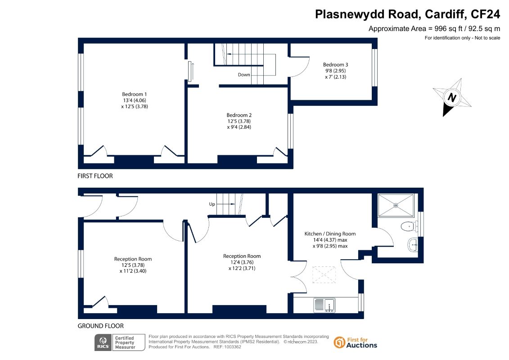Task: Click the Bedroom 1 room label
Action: tap(135, 94)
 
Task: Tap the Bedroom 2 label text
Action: tap(239, 115)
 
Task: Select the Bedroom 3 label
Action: tap(335, 65)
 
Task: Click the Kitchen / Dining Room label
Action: tap(330, 234)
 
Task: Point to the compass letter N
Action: tap(452, 97)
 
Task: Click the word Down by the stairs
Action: tap(244, 75)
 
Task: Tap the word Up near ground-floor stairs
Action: tap(212, 204)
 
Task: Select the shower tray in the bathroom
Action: tap(396, 205)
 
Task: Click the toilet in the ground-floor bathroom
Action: tap(410, 226)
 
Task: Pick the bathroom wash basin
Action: tap(412, 244)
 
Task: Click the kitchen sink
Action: tap(324, 305)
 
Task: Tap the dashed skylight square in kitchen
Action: tap(324, 274)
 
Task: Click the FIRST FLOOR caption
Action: tap(95, 176)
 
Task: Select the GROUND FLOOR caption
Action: tap(101, 326)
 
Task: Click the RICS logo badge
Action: tap(120, 342)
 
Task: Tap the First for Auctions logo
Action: tap(356, 342)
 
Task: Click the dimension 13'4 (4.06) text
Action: tap(135, 100)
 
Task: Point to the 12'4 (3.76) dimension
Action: tap(242, 262)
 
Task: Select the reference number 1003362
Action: tap(233, 347)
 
